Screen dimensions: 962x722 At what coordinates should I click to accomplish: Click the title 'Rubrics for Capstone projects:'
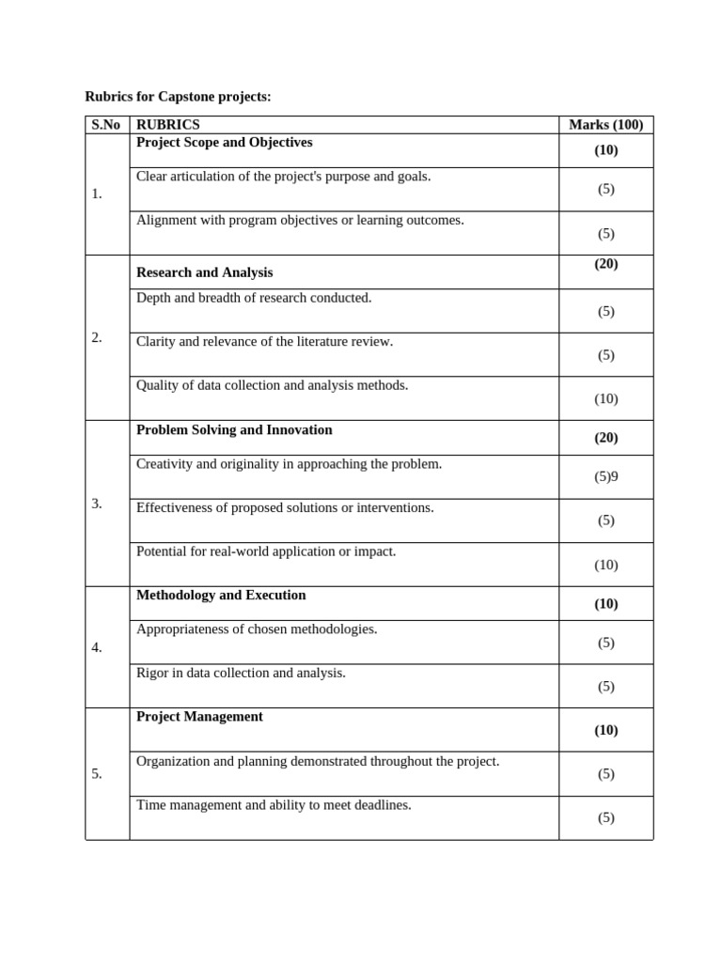coord(178,97)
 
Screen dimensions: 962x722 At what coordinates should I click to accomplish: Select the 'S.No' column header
coord(106,125)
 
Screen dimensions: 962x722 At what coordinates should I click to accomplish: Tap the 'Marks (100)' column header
coord(605,125)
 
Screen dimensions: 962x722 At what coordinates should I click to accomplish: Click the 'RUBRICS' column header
coord(168,125)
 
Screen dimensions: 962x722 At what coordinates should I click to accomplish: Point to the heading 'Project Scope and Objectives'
coord(224,143)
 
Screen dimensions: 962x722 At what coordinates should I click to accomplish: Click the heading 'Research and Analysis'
coord(204,272)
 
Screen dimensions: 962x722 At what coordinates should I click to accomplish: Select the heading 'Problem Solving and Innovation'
coord(234,430)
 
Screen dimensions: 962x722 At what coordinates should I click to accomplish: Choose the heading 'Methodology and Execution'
coord(221,596)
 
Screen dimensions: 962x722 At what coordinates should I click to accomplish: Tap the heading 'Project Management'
coord(199,717)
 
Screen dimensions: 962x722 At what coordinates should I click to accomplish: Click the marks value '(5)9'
coord(606,476)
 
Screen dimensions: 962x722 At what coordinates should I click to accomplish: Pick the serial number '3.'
coord(97,504)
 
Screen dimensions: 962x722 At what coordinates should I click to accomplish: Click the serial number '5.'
coord(97,774)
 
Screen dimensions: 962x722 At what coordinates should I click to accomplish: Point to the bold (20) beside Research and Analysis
coord(605,264)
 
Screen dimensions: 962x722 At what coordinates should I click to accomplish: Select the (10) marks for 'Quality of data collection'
coord(605,398)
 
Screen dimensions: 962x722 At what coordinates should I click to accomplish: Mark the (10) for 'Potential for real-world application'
coord(605,565)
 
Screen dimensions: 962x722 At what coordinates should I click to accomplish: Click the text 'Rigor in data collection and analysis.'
coord(241,674)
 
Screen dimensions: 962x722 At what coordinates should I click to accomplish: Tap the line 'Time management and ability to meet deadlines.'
coord(274,805)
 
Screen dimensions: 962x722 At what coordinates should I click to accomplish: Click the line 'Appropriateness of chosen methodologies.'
coord(257,629)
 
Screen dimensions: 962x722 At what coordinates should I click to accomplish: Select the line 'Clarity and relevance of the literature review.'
coord(264,342)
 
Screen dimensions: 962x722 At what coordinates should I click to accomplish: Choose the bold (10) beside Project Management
coord(605,730)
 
